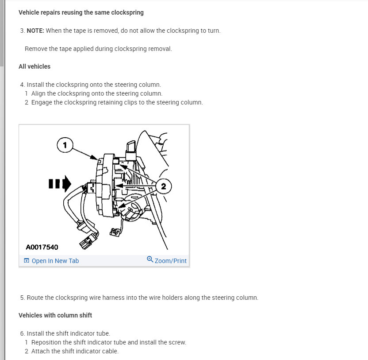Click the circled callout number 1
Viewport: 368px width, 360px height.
click(x=65, y=144)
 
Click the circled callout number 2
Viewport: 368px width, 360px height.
click(x=163, y=186)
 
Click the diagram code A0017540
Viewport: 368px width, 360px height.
click(x=42, y=247)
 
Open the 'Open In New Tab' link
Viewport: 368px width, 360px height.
click(x=55, y=261)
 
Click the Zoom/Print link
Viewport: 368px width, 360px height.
click(x=171, y=261)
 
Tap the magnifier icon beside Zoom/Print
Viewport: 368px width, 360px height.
click(x=150, y=259)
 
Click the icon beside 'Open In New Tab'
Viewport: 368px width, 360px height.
click(x=27, y=261)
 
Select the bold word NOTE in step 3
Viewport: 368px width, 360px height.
click(x=35, y=31)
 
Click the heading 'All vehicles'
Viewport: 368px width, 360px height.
click(x=34, y=66)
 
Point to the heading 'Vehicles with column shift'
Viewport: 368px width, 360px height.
click(x=55, y=315)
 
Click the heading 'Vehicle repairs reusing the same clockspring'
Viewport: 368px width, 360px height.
click(x=81, y=12)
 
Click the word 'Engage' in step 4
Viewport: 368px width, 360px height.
click(x=41, y=102)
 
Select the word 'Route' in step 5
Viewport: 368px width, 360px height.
click(x=35, y=298)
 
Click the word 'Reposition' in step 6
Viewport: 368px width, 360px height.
click(x=47, y=342)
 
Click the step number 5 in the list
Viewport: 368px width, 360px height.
click(x=22, y=298)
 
